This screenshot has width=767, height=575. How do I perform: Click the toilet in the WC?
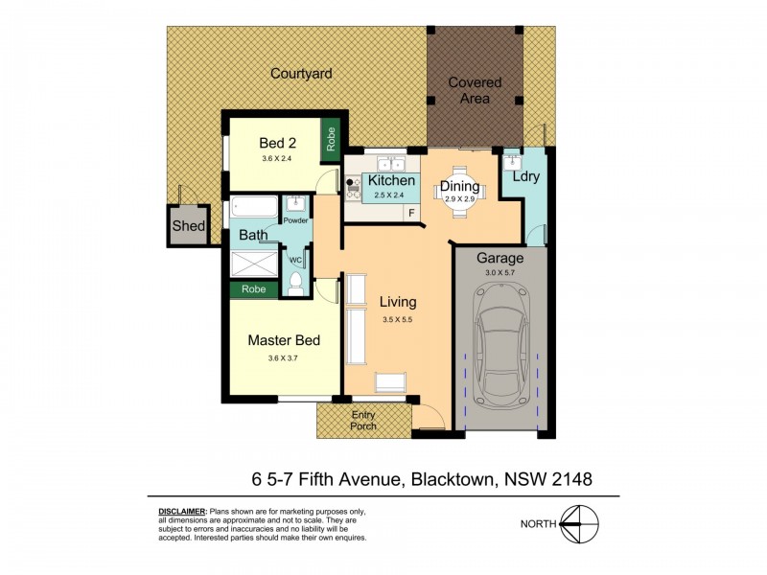pos(295,282)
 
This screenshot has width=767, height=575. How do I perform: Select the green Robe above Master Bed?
pos(254,287)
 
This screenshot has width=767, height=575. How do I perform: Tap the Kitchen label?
pos(392,180)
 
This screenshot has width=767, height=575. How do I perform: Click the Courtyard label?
pos(300,73)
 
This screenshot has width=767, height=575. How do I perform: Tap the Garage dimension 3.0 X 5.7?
pos(500,273)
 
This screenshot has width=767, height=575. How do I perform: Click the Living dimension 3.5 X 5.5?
pos(396,320)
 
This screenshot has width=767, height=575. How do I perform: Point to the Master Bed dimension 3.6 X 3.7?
pos(283,359)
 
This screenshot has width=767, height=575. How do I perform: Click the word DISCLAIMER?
pos(182,514)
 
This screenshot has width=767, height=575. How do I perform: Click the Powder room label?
pos(295,220)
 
